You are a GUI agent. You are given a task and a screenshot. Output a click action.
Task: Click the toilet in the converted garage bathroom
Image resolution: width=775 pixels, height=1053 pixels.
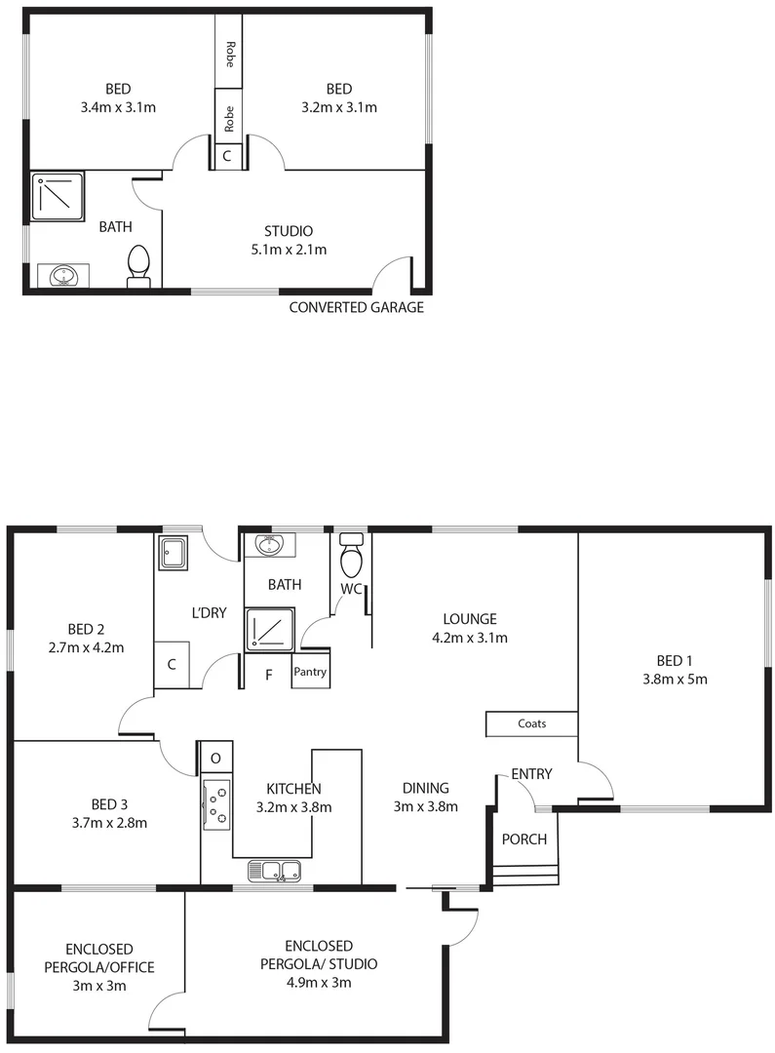coord(138,265)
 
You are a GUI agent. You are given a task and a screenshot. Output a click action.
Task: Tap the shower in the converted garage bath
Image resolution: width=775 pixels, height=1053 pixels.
coord(58,196)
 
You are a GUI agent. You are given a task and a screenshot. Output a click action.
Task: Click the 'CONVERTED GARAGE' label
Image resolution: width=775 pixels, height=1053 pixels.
coord(356,308)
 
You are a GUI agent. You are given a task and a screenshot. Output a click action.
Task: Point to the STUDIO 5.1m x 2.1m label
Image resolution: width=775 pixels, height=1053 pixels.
coord(289,240)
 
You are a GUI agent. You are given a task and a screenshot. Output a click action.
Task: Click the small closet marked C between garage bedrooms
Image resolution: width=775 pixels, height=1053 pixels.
coord(227,155)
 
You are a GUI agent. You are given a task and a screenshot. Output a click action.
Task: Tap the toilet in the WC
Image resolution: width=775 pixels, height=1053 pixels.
coord(351,557)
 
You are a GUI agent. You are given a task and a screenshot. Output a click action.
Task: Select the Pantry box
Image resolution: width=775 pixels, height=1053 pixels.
coord(310,672)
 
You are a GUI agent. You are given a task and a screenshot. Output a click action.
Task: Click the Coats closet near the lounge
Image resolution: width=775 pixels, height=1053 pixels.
coord(531,723)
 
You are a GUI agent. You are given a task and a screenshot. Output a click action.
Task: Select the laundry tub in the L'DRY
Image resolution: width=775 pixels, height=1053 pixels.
coord(175,554)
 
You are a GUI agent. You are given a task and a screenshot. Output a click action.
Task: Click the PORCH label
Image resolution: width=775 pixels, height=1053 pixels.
coord(523,839)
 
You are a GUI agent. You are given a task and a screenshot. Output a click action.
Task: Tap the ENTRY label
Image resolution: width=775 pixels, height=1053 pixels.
coord(531,774)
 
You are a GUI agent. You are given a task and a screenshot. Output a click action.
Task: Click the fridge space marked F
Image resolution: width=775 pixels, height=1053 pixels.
coord(269,673)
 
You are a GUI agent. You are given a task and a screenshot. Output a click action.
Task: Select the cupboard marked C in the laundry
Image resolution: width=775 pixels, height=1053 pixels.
coord(172,665)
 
